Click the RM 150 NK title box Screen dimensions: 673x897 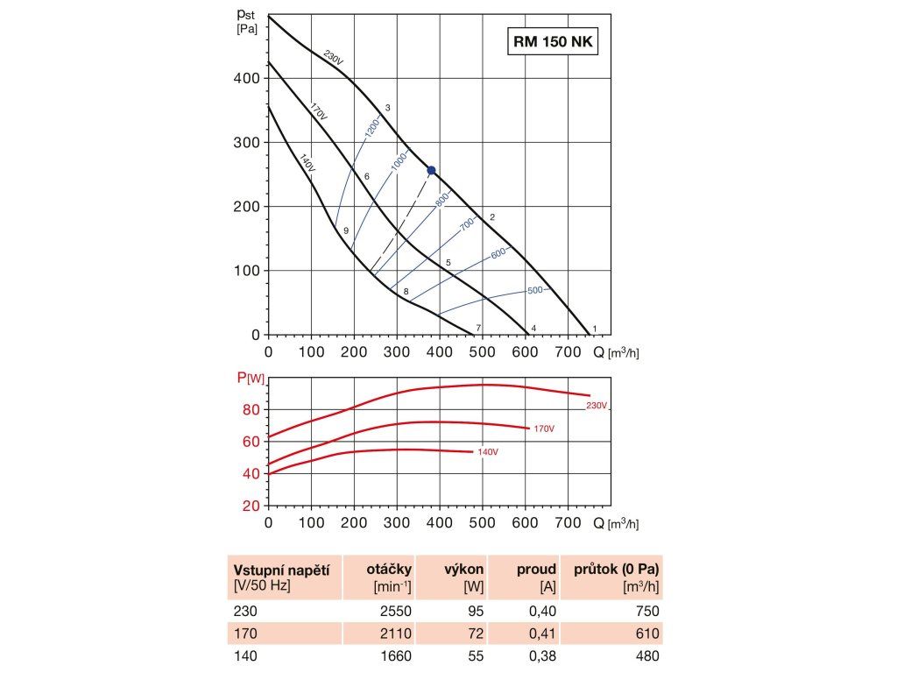(552, 41)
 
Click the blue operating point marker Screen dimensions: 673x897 (430, 170)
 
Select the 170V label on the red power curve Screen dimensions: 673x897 (544, 429)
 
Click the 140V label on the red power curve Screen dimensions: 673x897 (487, 452)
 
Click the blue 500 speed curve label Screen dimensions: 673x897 (535, 290)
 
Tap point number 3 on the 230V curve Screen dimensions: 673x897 (387, 108)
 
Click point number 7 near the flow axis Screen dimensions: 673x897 (478, 328)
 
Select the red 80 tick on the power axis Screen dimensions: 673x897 (251, 409)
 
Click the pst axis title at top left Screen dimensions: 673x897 (246, 18)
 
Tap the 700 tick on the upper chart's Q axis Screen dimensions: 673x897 (569, 351)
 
